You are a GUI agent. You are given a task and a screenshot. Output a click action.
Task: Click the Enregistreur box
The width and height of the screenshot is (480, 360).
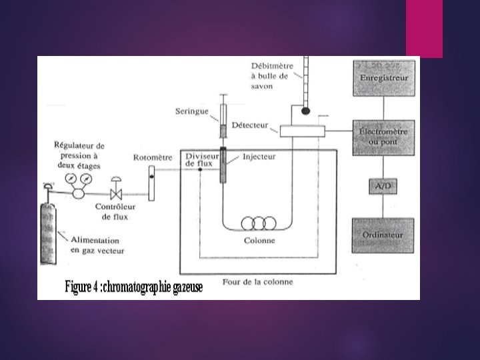383,78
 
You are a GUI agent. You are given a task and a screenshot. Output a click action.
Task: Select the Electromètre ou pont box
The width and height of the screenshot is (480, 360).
383,137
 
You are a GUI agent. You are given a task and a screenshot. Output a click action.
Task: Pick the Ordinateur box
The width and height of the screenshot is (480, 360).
383,235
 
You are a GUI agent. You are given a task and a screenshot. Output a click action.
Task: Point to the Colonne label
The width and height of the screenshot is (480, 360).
259,241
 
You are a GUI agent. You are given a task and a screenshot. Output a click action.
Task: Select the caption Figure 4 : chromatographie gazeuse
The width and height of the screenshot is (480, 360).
133,287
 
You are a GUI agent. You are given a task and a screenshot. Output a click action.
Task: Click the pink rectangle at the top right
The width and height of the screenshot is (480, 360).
424,28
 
